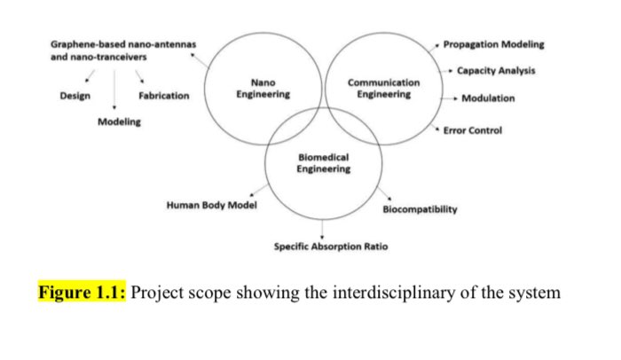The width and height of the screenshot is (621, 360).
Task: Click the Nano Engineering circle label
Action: point(263,89)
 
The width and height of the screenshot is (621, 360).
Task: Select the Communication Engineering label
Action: point(383,89)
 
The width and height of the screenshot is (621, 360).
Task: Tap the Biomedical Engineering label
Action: point(324,163)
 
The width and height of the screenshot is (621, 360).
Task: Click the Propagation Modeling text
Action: point(493,43)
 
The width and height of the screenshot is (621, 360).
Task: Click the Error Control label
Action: point(474,130)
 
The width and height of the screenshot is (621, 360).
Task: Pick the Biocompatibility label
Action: point(420,209)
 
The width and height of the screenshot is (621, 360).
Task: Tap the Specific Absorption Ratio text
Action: point(330,246)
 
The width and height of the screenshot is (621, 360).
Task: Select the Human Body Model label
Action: point(212,206)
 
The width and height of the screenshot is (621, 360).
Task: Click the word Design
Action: point(74,96)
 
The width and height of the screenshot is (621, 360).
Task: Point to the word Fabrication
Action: point(163,96)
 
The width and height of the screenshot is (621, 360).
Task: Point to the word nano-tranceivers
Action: point(113,57)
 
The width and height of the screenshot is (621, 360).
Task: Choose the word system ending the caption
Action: point(537,292)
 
